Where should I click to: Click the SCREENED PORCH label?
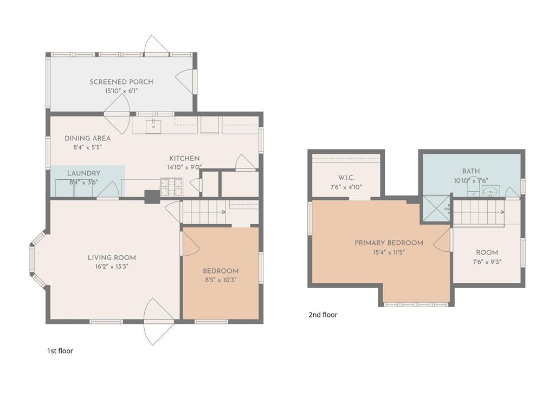click(121, 82)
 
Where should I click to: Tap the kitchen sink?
click(153, 126)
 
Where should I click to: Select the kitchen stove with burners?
click(172, 187)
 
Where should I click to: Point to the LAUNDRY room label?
click(83, 173)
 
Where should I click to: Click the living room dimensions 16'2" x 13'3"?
click(112, 266)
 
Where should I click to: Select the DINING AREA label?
click(87, 138)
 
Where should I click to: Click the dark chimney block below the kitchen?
click(152, 197)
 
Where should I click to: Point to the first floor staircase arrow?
click(204, 212)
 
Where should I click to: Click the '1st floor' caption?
click(60, 351)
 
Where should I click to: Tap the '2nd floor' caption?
click(323, 315)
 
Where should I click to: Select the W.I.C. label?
click(346, 178)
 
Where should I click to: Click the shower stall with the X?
click(436, 209)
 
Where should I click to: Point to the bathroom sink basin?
click(491, 191)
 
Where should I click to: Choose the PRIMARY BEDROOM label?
click(389, 243)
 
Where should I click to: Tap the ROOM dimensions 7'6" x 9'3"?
click(487, 262)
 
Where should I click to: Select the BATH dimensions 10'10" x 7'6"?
click(471, 181)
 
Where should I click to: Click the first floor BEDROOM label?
click(221, 271)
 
